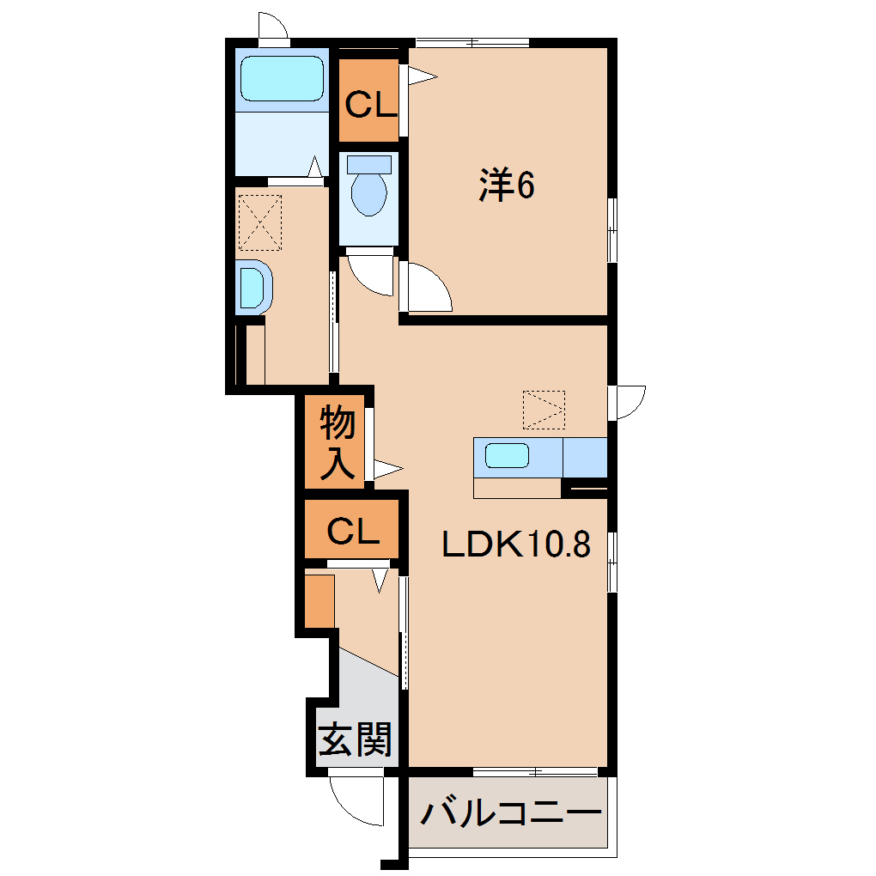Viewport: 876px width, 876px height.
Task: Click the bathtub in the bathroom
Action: [x=283, y=80]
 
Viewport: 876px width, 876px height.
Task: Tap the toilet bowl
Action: [x=368, y=194]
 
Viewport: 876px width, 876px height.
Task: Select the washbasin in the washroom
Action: [x=252, y=286]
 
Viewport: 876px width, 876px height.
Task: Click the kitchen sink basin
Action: [x=507, y=454]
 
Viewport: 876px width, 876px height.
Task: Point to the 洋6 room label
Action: [x=507, y=186]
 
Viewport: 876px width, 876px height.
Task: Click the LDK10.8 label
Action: [x=515, y=544]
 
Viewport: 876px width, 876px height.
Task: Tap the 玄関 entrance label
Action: [x=356, y=739]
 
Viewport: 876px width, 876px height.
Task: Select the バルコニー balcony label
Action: [x=510, y=812]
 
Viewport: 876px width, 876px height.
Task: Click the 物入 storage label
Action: [x=337, y=443]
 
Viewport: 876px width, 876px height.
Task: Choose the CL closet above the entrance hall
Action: [x=353, y=533]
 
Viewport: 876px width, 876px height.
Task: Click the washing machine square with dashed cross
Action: [x=260, y=221]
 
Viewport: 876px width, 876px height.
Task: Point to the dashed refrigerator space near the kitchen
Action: [x=544, y=410]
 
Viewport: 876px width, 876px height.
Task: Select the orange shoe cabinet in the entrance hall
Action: [x=319, y=601]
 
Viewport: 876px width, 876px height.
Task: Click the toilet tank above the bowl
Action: [x=368, y=163]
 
